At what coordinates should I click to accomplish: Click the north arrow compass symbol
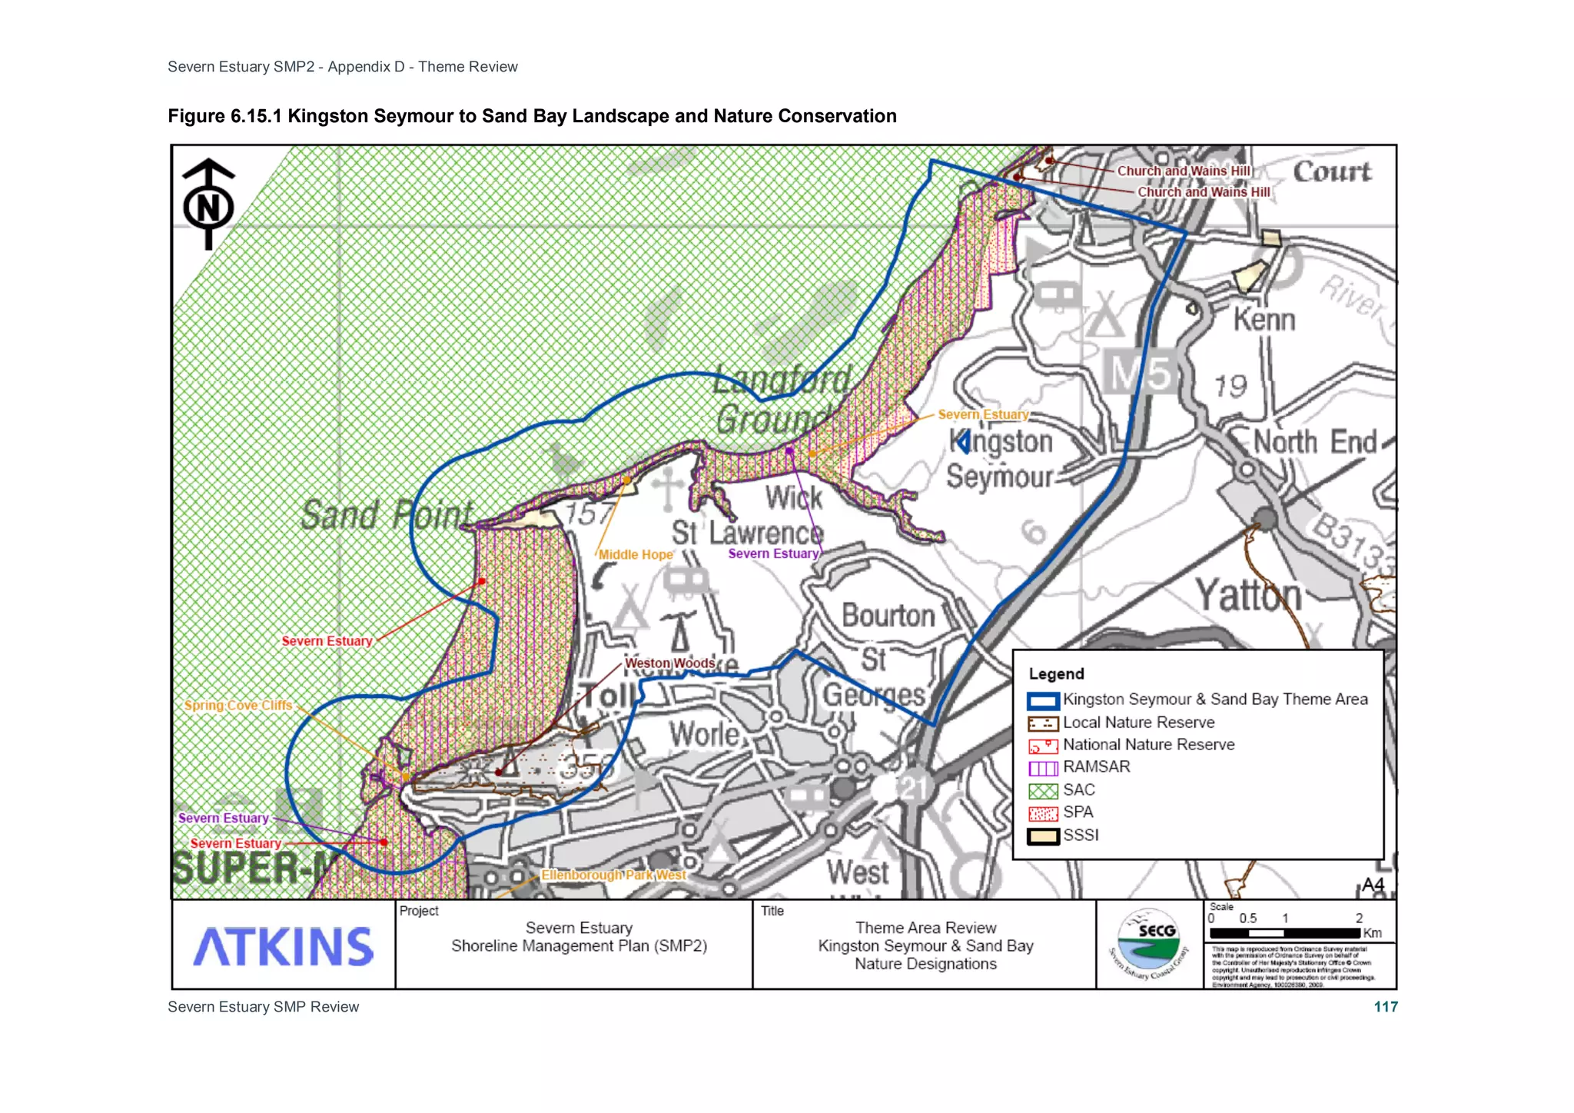tap(208, 204)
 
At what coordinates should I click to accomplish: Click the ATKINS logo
tap(283, 946)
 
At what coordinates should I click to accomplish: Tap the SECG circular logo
tap(1149, 945)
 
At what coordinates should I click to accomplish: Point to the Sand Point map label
tap(387, 514)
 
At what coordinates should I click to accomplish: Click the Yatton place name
tap(1248, 596)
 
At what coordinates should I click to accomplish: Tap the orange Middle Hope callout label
tap(635, 554)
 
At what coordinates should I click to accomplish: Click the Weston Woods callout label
tap(669, 663)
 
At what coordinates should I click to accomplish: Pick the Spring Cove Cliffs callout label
tap(238, 705)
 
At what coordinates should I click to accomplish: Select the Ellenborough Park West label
tap(613, 875)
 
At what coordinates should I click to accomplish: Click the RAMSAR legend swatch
tap(1043, 768)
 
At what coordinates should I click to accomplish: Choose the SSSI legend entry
tap(1081, 836)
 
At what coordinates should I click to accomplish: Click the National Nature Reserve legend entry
tap(1148, 745)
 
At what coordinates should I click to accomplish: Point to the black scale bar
tap(1284, 933)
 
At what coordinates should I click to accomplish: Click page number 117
tap(1386, 1007)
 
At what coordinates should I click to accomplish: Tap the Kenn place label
tap(1264, 319)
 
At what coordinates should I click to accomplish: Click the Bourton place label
tap(888, 616)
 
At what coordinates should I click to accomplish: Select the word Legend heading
tap(1056, 674)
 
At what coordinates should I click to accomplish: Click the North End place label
tap(1314, 442)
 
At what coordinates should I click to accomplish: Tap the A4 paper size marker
tap(1373, 885)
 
